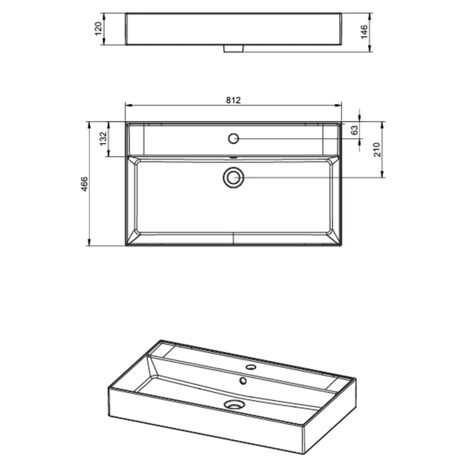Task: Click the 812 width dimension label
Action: tap(233, 100)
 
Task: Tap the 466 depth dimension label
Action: tap(85, 184)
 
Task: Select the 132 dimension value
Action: tap(103, 139)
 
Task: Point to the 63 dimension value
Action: tap(355, 130)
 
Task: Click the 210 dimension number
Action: tap(377, 150)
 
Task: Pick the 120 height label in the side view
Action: tap(98, 28)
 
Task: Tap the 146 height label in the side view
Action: tap(364, 32)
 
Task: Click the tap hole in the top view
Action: tap(233, 138)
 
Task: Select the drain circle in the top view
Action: tap(233, 177)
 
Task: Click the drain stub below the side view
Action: tap(233, 49)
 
